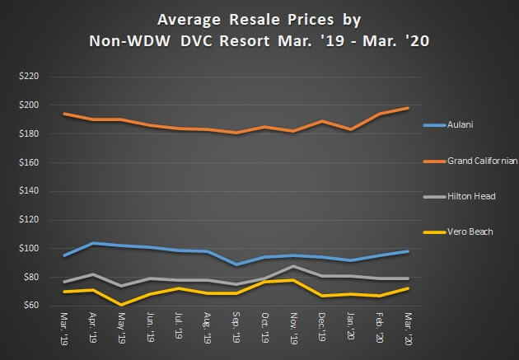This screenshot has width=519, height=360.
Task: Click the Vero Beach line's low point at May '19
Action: pyautogui.click(x=122, y=304)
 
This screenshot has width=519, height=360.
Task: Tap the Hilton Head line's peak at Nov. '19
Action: pyautogui.click(x=294, y=266)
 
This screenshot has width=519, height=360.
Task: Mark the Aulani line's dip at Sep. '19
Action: pyautogui.click(x=236, y=264)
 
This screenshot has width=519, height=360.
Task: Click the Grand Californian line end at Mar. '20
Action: pyautogui.click(x=408, y=108)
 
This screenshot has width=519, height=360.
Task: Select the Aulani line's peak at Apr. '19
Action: pyautogui.click(x=94, y=243)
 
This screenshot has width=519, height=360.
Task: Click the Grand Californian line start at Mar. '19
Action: pyautogui.click(x=65, y=114)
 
